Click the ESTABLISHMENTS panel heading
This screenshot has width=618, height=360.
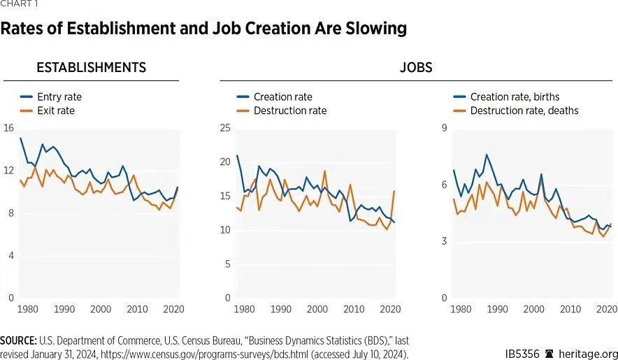coord(91,68)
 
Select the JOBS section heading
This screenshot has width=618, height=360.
coord(416,68)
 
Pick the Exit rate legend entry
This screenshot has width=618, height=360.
coord(55,110)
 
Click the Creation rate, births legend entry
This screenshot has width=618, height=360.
coord(515,97)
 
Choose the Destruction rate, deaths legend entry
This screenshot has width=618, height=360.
coord(524,110)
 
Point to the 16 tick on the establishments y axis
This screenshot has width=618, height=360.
coord(8,128)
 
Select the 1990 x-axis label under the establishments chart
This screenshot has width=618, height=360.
coord(64,308)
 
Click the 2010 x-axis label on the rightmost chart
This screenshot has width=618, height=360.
coord(571,308)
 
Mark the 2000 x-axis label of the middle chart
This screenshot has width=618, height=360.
coord(318,308)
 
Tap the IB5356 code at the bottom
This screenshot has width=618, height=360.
coord(522,354)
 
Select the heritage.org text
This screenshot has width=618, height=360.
coord(590,354)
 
